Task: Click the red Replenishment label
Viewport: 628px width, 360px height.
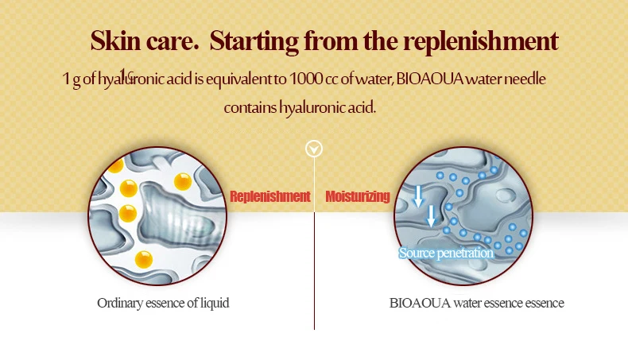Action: tap(269, 196)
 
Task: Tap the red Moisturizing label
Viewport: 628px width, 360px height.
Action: tap(358, 196)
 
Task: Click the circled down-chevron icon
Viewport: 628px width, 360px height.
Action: tap(315, 149)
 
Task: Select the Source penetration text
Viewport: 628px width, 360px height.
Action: tap(446, 254)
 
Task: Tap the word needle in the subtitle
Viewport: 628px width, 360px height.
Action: tap(526, 80)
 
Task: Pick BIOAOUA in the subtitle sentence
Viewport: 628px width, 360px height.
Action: tap(425, 80)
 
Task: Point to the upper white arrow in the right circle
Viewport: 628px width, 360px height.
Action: tap(419, 195)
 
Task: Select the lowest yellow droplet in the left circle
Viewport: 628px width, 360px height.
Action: tap(144, 258)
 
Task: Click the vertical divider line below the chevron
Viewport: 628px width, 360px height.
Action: tap(315, 262)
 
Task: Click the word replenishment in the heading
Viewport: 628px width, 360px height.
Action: tap(475, 41)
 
